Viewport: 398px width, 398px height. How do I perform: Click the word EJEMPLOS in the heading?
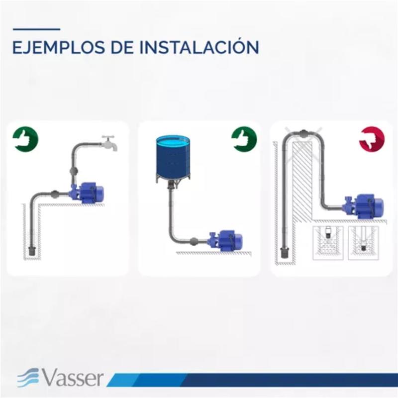pos(58,47)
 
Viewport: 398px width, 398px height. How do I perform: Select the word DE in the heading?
pos(122,47)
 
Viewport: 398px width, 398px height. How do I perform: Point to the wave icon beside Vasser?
pos(28,378)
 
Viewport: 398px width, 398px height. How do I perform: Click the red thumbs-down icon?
pos(372,139)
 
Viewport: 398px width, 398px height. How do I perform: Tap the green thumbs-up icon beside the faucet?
pos(25,139)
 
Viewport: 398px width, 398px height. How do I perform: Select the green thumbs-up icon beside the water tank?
pos(244,139)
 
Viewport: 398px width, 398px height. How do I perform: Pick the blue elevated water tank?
pos(173,159)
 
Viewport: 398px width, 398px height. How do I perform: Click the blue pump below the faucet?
pos(87,193)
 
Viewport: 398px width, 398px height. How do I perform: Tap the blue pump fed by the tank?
pos(225,241)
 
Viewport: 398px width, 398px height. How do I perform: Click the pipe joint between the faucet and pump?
pos(74,171)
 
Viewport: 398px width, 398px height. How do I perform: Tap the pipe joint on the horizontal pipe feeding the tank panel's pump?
pos(194,241)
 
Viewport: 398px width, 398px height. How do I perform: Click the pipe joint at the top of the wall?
pos(303,133)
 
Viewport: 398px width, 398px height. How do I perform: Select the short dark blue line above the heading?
pos(36,29)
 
